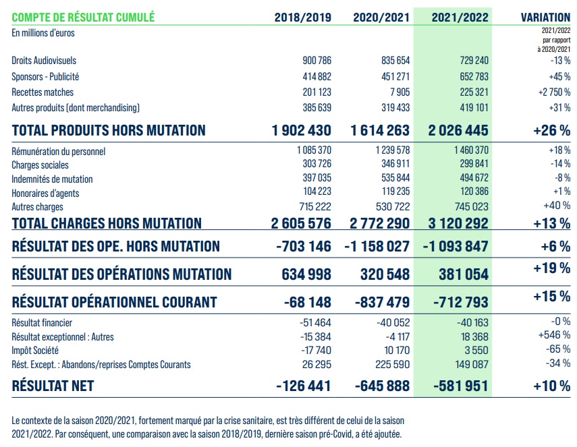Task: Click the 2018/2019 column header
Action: [302, 18]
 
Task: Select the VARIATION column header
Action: [546, 18]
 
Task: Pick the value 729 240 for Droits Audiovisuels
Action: [472, 61]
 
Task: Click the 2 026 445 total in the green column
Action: [458, 130]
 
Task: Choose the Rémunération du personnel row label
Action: [59, 152]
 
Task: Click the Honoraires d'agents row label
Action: [45, 193]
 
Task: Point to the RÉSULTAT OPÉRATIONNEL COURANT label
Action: [114, 302]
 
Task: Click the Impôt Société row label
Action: [35, 351]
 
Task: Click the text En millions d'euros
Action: [43, 32]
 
